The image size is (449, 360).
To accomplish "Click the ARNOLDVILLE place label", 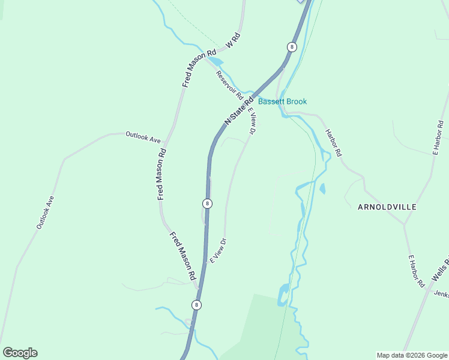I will coord(387,207).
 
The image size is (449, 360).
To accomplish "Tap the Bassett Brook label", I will coord(282,101).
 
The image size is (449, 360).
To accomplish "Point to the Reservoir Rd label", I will coord(229,85).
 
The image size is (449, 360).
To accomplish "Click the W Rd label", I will coord(232,41).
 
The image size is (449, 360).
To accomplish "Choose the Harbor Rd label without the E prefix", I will coord(333,143).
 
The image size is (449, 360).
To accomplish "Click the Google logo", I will coord(20,353).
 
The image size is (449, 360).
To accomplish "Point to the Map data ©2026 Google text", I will coord(412,355).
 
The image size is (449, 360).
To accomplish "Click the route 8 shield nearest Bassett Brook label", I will coord(292,47).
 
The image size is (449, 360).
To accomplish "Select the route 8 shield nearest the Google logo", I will coord(196,305).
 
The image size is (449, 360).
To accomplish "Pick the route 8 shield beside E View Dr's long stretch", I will coord(207,203).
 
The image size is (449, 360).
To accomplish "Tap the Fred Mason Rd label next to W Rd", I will coord(199,68).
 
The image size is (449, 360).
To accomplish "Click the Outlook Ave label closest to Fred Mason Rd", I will coord(143,137).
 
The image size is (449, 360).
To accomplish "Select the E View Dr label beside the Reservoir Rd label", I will coord(253,123).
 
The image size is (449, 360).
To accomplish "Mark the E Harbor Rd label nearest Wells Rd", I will coord(416,271).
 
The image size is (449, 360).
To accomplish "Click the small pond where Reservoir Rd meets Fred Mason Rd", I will coord(215,61).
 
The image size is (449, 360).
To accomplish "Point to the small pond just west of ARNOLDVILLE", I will coord(322,190).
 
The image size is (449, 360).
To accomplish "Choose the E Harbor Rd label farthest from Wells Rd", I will coord(439,137).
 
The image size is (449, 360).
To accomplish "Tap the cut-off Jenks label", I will coord(441,295).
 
